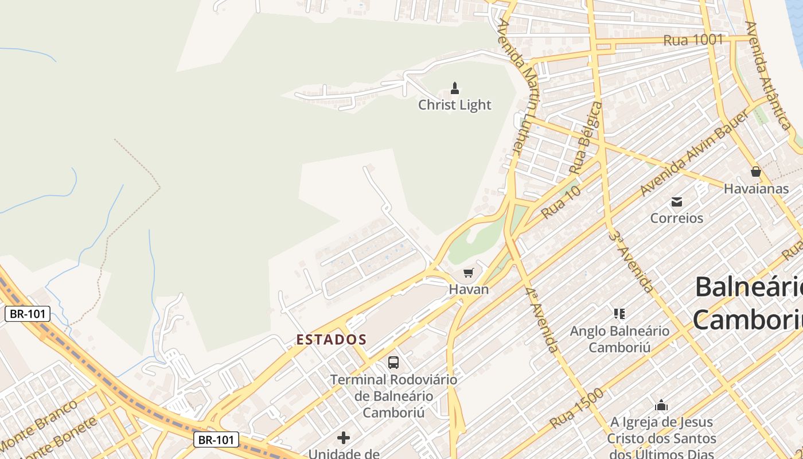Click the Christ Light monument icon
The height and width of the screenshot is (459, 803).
click(455, 88)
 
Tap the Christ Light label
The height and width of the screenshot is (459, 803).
click(455, 105)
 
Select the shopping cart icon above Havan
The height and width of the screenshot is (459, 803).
click(469, 273)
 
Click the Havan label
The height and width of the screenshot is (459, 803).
click(469, 289)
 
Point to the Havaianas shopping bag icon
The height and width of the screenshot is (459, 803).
click(756, 172)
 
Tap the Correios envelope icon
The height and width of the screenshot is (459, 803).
click(677, 201)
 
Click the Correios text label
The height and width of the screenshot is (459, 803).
click(677, 218)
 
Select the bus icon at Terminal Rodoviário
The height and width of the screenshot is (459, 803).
click(393, 363)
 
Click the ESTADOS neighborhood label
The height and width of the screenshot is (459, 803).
click(332, 340)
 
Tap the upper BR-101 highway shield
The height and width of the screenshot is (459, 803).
click(28, 314)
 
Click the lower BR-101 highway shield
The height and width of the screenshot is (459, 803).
click(216, 440)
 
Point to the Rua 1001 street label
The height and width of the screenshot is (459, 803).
click(693, 40)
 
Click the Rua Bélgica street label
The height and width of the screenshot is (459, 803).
click(586, 139)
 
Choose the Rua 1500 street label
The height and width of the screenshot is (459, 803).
click(576, 409)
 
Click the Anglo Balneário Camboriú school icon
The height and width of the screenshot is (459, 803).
click(619, 314)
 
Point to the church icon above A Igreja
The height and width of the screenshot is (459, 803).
click(661, 405)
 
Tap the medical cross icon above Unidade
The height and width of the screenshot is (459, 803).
click(344, 438)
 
